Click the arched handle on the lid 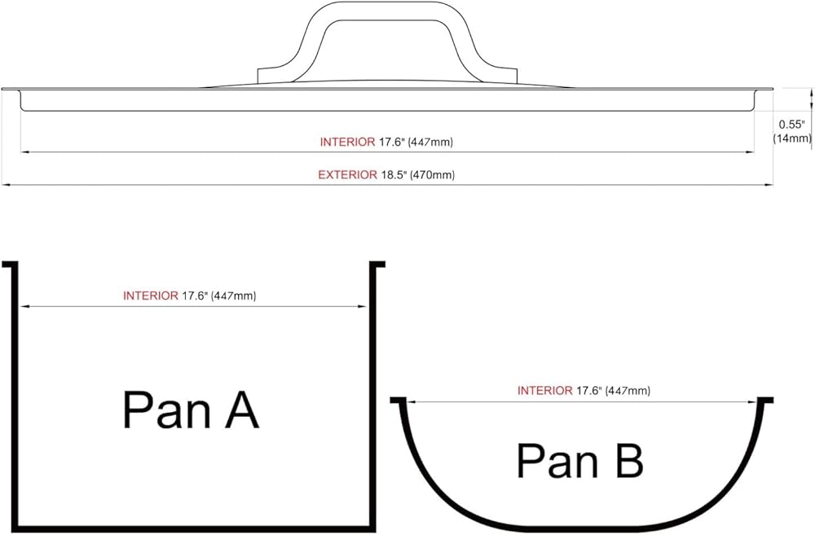click(387, 11)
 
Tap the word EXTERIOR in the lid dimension click(348, 175)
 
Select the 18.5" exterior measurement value click(394, 175)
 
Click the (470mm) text click(433, 175)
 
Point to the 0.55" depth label click(791, 125)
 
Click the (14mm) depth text click(791, 138)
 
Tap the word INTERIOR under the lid click(347, 142)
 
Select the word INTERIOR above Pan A click(151, 296)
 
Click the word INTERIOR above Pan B click(544, 390)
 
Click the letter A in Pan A click(242, 410)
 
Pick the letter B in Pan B click(630, 460)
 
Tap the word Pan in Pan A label click(165, 410)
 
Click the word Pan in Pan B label click(557, 460)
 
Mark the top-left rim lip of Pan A click(9, 265)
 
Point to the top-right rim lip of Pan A click(377, 265)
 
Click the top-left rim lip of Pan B click(398, 400)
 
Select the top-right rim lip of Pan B click(765, 400)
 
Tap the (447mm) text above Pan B click(628, 390)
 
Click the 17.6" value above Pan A click(195, 296)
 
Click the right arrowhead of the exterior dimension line click(769, 184)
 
